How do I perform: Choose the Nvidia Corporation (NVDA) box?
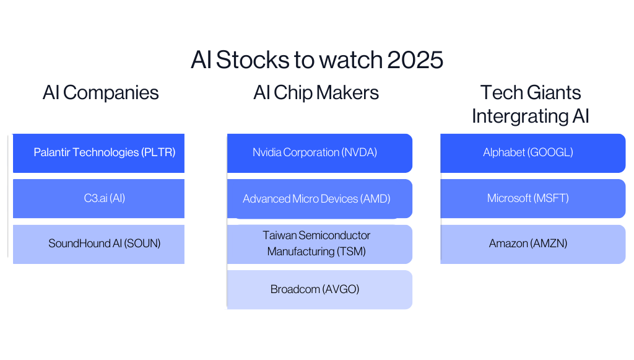pyautogui.click(x=319, y=152)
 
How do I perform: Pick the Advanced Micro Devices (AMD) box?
pyautogui.click(x=319, y=199)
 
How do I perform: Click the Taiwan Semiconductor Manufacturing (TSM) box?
pyautogui.click(x=319, y=244)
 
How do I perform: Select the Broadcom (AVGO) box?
pyautogui.click(x=319, y=289)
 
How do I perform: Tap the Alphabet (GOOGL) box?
pyautogui.click(x=532, y=152)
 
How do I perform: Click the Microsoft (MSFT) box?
pyautogui.click(x=532, y=198)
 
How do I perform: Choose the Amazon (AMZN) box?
pyautogui.click(x=532, y=244)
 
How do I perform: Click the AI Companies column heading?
pyautogui.click(x=101, y=93)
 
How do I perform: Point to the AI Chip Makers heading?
pyautogui.click(x=316, y=93)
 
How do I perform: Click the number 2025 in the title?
pyautogui.click(x=415, y=60)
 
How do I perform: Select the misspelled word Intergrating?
pyautogui.click(x=514, y=116)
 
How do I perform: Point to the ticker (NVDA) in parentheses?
pyautogui.click(x=359, y=152)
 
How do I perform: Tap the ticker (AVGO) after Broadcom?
pyautogui.click(x=341, y=289)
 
